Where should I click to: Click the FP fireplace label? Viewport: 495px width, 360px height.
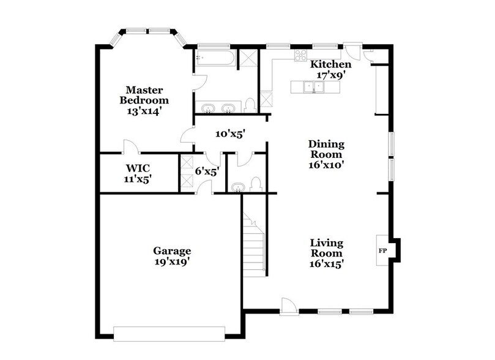coord(382,251)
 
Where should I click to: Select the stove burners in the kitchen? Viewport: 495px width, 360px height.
coord(301,55)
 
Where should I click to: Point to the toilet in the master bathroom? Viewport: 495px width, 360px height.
coord(250,106)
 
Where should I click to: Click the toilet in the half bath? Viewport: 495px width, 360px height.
coord(257,184)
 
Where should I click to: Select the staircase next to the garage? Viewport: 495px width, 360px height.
coord(253,245)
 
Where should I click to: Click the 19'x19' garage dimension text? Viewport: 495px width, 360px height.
coord(171,262)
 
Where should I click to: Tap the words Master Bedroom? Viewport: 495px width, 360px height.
coord(144,95)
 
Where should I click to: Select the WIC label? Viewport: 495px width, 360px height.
coord(138,167)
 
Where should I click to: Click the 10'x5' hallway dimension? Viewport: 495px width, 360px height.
coord(229,133)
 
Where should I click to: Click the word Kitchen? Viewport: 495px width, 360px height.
coord(331,64)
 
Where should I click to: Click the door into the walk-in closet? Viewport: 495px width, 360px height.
coord(130,147)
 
